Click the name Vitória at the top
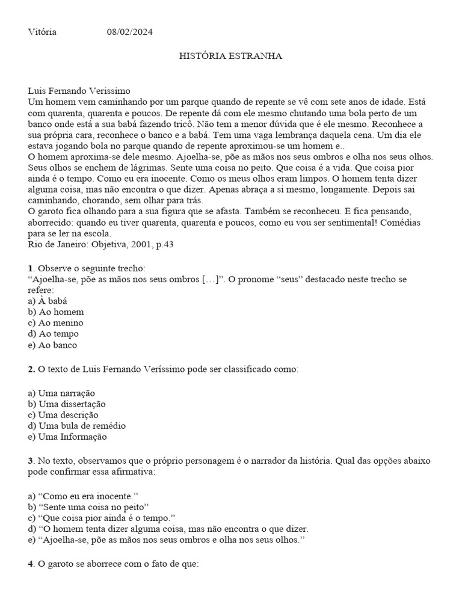(x=42, y=32)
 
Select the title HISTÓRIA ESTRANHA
(x=231, y=56)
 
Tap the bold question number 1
(x=31, y=268)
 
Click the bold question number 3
(x=31, y=461)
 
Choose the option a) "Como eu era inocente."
(x=84, y=496)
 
